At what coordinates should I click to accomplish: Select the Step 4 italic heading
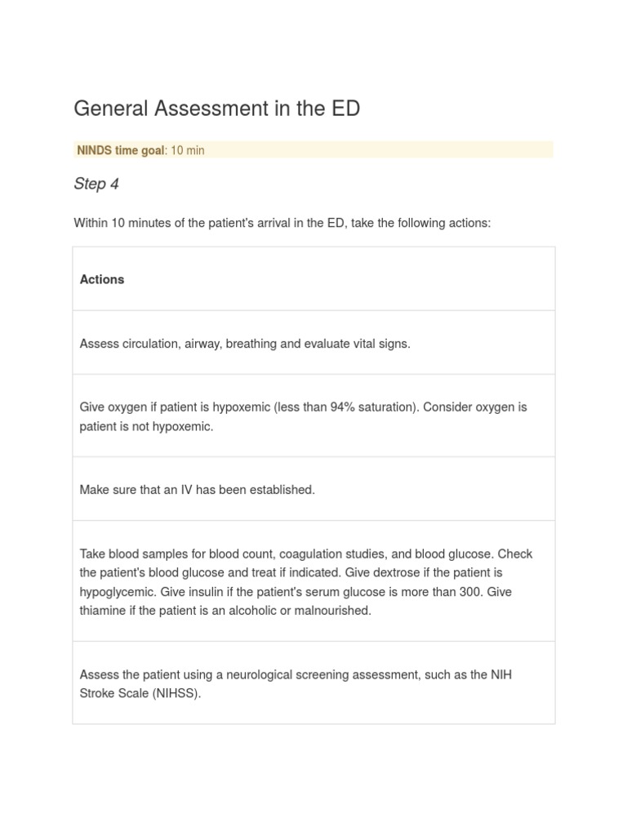click(x=96, y=184)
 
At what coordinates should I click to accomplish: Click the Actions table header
click(x=102, y=279)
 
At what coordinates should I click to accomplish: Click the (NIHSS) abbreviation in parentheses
click(x=175, y=694)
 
